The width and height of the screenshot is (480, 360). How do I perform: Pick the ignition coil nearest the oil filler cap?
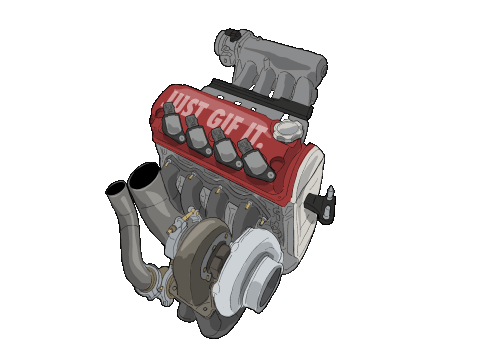click(x=256, y=160)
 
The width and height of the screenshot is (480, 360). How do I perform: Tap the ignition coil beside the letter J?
click(x=173, y=122)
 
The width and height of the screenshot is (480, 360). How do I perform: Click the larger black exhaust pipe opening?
click(x=144, y=176)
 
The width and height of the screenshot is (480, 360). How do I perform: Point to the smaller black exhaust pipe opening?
click(x=115, y=189)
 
